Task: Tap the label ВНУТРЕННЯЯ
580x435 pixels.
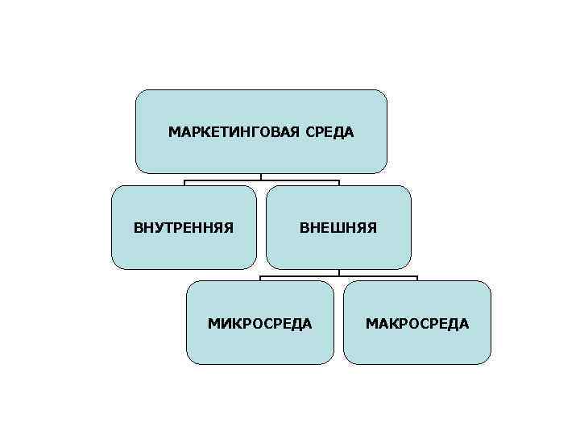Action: click(x=184, y=227)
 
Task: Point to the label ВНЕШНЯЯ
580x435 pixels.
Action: click(x=338, y=227)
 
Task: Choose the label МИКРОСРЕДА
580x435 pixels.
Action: click(x=260, y=323)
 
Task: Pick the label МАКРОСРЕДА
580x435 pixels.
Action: click(x=417, y=323)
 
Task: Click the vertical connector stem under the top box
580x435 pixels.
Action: click(x=261, y=176)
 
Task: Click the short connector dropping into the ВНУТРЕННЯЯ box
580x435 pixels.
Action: click(x=184, y=183)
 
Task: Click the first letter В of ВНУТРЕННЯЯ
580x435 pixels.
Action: click(x=138, y=227)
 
